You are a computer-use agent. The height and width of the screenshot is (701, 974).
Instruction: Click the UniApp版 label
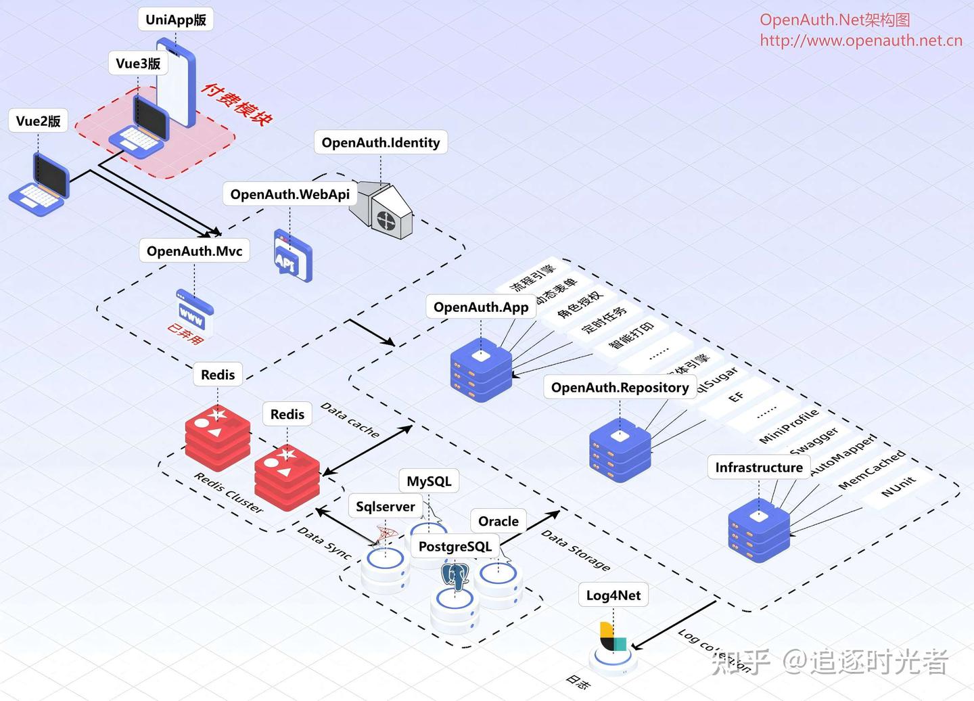point(176,20)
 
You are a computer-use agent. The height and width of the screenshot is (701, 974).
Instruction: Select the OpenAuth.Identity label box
point(380,143)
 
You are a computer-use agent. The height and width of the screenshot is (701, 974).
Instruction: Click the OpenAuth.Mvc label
point(194,251)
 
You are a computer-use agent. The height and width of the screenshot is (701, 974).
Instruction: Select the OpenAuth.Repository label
point(620,388)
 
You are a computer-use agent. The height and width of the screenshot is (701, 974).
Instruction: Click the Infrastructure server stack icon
point(759,530)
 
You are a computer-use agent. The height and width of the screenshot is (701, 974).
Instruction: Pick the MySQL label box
point(429,481)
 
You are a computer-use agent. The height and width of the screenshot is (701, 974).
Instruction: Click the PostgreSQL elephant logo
point(455,576)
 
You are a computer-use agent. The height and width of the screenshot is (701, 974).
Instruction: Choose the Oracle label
point(498,521)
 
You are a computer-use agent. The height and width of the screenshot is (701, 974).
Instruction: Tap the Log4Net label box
point(613,595)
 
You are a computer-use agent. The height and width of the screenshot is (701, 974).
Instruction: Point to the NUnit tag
point(898,486)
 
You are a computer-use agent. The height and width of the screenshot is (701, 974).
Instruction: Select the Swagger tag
point(814,440)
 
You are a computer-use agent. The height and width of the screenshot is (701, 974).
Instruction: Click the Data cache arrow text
point(350,420)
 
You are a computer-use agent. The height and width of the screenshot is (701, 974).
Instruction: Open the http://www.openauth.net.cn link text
point(860,41)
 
